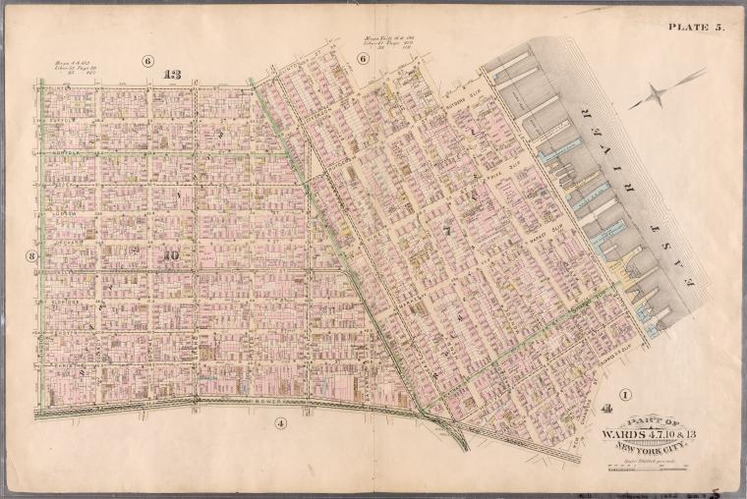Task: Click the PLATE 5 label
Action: [695, 27]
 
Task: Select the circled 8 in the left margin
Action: [30, 257]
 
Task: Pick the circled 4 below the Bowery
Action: [280, 423]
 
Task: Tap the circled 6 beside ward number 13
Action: [148, 61]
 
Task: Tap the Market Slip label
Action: [542, 235]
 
